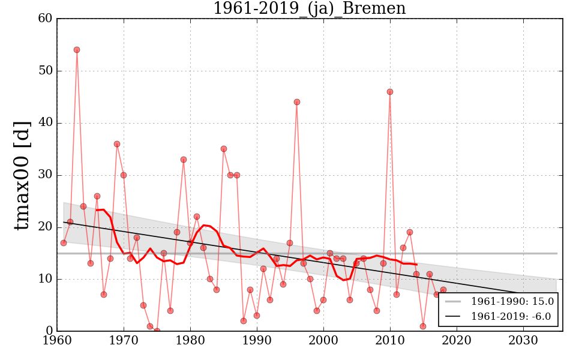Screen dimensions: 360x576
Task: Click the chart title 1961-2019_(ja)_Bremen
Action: pos(309,8)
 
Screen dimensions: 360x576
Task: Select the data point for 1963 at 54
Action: pos(77,50)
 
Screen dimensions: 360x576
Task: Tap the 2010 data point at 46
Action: pos(390,92)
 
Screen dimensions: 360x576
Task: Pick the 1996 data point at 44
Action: pos(296,102)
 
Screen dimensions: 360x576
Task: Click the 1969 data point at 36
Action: pos(117,144)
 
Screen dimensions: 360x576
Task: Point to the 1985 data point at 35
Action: pos(223,149)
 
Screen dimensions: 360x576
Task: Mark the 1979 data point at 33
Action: pos(184,160)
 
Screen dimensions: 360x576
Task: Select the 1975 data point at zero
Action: pos(157,331)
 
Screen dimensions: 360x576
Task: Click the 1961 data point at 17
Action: pos(64,243)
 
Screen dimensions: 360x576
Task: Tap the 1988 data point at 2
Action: pos(244,320)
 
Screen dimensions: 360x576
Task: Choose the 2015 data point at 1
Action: pos(423,326)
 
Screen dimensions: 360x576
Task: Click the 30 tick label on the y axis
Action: pos(44,175)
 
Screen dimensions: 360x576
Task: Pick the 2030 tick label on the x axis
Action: pos(523,341)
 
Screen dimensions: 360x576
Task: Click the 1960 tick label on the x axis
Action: pos(58,341)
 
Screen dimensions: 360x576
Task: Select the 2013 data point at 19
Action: pos(410,232)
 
